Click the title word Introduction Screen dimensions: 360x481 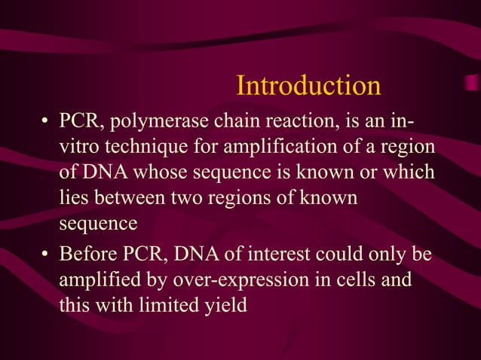(308, 86)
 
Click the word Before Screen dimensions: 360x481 (93, 254)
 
